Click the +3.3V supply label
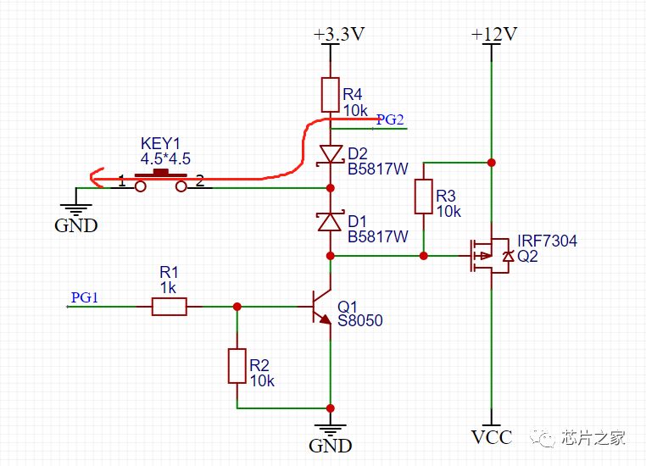[x=339, y=34]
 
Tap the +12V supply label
[x=494, y=34]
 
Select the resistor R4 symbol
[x=330, y=95]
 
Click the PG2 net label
[x=390, y=119]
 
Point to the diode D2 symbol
[x=331, y=156]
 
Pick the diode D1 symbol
[x=331, y=221]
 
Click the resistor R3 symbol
[x=424, y=197]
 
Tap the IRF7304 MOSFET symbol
[x=490, y=256]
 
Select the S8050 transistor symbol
[x=322, y=307]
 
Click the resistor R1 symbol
[x=170, y=307]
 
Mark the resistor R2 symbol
[x=237, y=366]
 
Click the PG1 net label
[x=85, y=297]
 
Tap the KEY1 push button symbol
[x=161, y=181]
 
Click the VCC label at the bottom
[x=492, y=437]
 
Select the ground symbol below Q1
[x=331, y=430]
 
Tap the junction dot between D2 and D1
[x=331, y=188]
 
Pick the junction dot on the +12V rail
[x=491, y=163]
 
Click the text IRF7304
[x=547, y=241]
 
